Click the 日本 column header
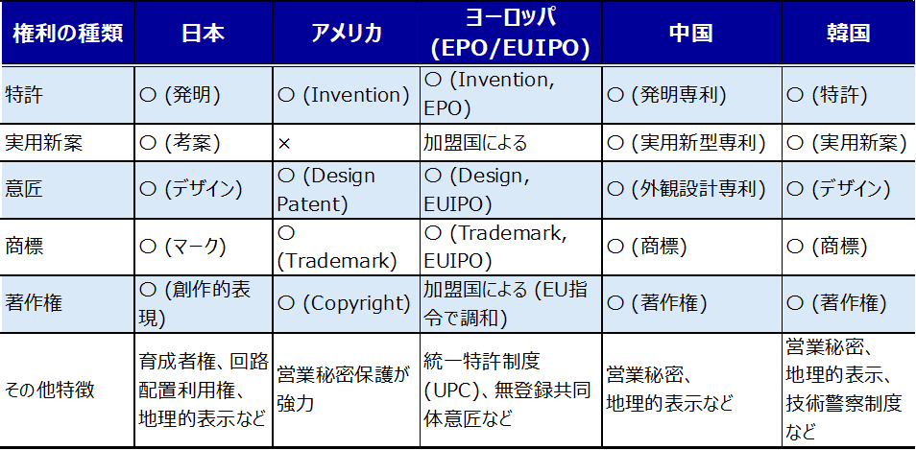[x=203, y=34]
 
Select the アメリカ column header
[x=346, y=34]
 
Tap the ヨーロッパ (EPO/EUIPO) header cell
[x=510, y=34]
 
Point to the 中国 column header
[x=691, y=34]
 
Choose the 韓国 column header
[x=849, y=34]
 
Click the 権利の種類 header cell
[x=68, y=34]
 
